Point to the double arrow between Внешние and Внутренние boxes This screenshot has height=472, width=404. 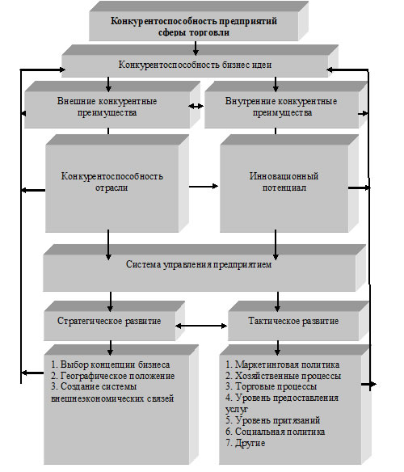pyautogui.click(x=196, y=106)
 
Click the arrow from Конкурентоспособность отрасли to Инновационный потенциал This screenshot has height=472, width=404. pyautogui.click(x=204, y=187)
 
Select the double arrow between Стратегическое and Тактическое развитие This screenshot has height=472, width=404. pyautogui.click(x=201, y=326)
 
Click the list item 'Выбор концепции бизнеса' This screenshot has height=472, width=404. pyautogui.click(x=111, y=365)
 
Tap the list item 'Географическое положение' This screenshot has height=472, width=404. pyautogui.click(x=113, y=376)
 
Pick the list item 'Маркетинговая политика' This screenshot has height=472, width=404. pyautogui.click(x=283, y=365)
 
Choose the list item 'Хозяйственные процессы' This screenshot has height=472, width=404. pyautogui.click(x=284, y=376)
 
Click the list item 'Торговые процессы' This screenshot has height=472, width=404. pyautogui.click(x=271, y=386)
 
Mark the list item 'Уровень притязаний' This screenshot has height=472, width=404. pyautogui.click(x=273, y=420)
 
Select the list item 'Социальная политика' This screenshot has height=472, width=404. pyautogui.click(x=276, y=432)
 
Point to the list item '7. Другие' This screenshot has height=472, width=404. pyautogui.click(x=246, y=443)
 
